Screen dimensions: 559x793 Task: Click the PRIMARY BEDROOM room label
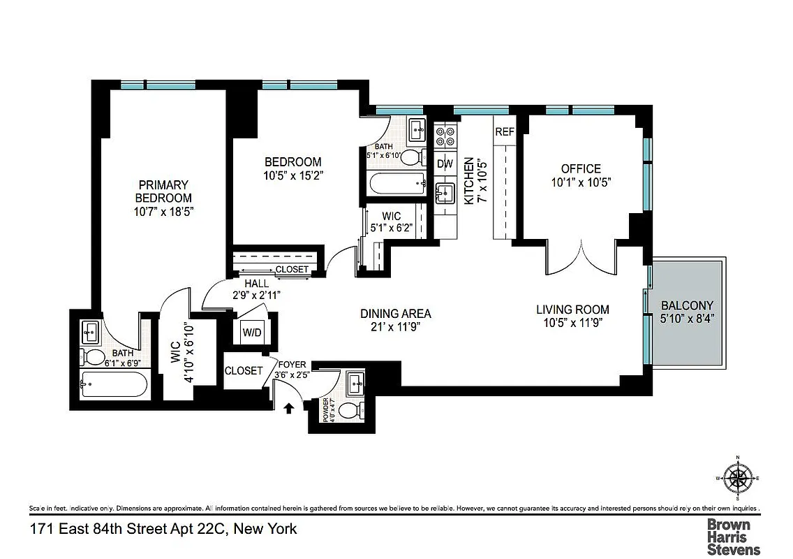pyautogui.click(x=163, y=191)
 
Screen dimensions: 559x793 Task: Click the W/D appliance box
pyautogui.click(x=251, y=333)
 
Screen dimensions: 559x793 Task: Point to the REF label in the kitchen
pyautogui.click(x=504, y=132)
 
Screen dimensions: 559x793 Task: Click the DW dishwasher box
pyautogui.click(x=445, y=164)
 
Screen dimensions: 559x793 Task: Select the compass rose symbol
pyautogui.click(x=738, y=479)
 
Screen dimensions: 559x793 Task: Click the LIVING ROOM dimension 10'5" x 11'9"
pyautogui.click(x=572, y=323)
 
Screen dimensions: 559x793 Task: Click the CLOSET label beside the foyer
pyautogui.click(x=244, y=371)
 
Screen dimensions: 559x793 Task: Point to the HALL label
pyautogui.click(x=256, y=284)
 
